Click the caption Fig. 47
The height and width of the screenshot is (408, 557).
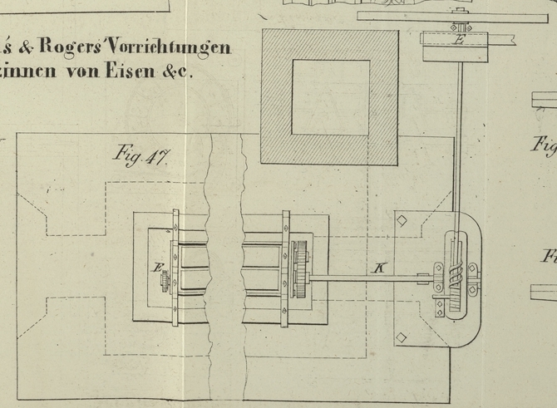(141, 157)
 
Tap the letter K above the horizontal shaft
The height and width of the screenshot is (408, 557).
(380, 268)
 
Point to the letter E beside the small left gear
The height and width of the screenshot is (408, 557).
(157, 268)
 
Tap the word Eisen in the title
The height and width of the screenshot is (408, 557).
(131, 71)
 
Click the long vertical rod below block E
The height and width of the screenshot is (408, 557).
(459, 141)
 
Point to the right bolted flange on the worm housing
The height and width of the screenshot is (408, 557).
(475, 278)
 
